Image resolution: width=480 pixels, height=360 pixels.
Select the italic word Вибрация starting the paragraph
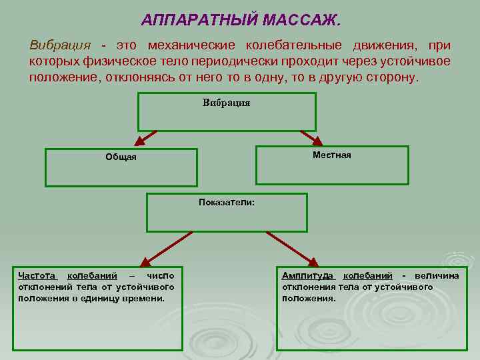pos(59,45)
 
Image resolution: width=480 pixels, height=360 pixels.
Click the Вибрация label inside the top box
pos(226,103)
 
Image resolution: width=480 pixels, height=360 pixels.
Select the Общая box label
pos(121,157)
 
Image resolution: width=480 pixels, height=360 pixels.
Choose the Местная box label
pos(331,155)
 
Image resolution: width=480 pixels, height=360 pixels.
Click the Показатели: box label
pos(227,203)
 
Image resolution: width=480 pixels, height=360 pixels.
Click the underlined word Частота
pos(38,276)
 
